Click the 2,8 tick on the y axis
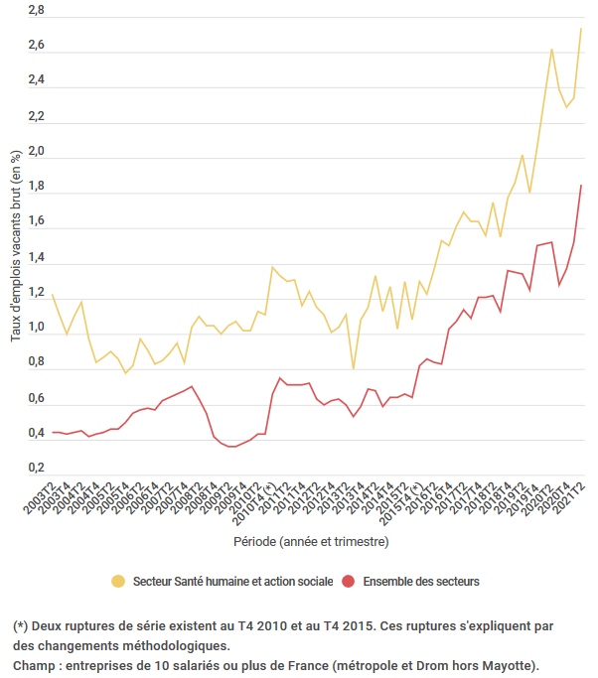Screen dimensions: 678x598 36,10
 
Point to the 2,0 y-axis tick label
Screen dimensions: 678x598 36,152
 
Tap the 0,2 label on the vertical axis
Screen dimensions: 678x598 36,468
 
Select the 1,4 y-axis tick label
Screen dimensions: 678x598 36,257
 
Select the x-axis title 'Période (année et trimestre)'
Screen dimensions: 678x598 310,542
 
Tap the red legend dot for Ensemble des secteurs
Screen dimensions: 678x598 348,582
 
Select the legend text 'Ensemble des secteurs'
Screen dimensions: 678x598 421,582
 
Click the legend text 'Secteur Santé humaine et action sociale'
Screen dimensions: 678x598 233,582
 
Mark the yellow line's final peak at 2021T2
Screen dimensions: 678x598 581,29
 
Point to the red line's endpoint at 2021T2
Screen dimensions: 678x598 581,186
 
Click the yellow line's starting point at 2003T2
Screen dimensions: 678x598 53,294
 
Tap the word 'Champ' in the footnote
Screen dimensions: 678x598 35,664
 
